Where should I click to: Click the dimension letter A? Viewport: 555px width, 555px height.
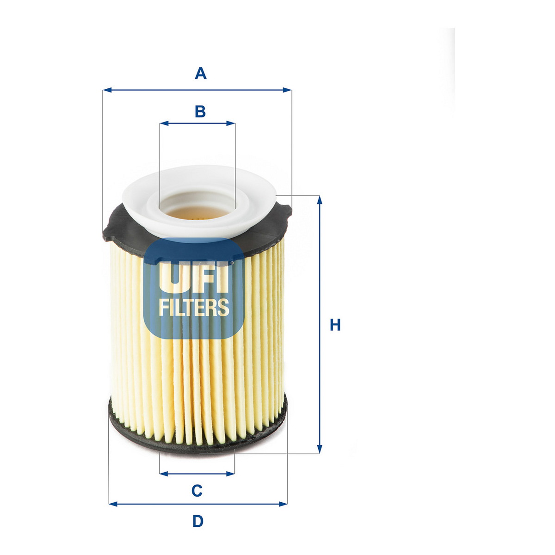(x=200, y=73)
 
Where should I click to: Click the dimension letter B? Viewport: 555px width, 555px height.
(x=200, y=111)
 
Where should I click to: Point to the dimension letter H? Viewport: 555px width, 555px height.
(x=335, y=325)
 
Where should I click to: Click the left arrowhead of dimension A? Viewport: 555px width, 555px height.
(x=107, y=90)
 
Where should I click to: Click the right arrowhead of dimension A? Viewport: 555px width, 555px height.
(x=287, y=90)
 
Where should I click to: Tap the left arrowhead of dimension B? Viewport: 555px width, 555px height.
(x=164, y=123)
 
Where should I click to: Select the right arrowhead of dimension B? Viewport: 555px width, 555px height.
(x=231, y=123)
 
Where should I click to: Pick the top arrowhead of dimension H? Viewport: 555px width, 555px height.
(x=320, y=200)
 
